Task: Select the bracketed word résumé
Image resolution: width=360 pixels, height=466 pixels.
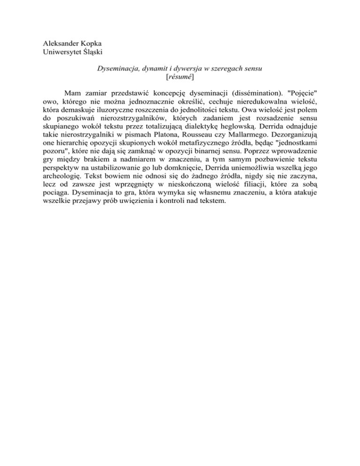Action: [180, 76]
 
